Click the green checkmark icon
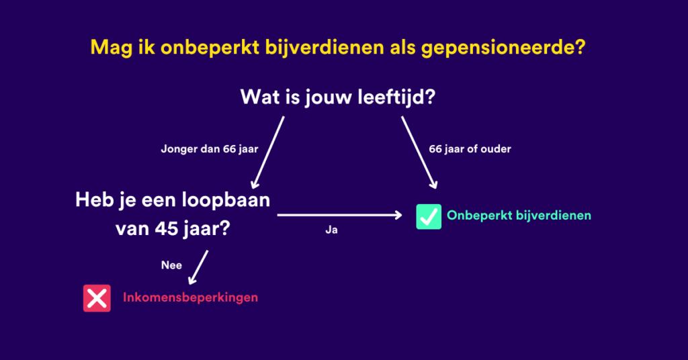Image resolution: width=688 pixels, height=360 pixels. (429, 216)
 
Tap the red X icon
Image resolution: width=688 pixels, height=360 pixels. (97, 298)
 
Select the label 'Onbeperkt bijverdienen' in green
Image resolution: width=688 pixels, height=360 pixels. (519, 216)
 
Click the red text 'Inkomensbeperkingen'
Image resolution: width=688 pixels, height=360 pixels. (190, 298)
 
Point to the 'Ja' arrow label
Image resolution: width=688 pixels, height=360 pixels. (330, 230)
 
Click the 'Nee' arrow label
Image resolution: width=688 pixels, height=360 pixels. (171, 265)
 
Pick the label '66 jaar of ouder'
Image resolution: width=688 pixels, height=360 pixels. (468, 148)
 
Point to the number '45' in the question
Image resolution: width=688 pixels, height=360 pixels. (167, 228)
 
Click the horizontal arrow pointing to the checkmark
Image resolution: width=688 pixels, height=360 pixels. (339, 216)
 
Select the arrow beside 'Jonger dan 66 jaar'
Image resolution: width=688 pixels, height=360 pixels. (268, 152)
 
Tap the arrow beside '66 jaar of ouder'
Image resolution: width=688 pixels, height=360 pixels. (419, 152)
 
